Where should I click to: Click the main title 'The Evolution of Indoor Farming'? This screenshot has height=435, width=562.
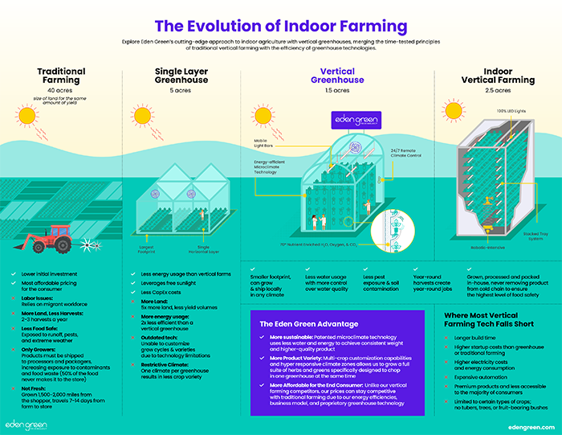point(281,27)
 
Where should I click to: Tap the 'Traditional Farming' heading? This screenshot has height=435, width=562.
point(62,76)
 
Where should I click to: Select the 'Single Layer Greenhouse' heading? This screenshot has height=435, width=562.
point(181,76)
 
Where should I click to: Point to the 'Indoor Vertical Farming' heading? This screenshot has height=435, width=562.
point(498,76)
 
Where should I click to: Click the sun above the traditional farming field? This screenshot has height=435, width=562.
point(29,116)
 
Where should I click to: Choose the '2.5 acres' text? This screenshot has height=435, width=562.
point(498,91)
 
